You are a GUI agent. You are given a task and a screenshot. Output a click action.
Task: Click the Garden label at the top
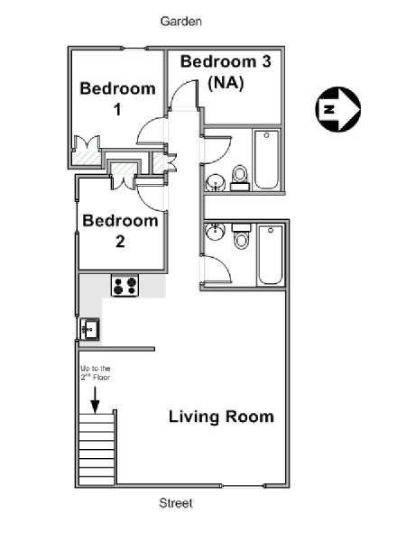181,22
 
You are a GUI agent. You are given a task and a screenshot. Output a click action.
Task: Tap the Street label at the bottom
176,503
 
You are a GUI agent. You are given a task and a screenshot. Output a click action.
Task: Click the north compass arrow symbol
338,109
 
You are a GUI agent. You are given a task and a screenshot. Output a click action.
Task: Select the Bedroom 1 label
117,98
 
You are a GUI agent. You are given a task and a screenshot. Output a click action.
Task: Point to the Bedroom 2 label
120,231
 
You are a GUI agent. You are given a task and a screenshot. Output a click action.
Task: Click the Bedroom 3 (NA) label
226,72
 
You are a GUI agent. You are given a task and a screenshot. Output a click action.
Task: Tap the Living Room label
221,417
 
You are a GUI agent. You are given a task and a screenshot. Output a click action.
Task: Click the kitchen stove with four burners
125,285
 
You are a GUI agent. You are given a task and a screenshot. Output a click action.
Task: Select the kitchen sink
89,329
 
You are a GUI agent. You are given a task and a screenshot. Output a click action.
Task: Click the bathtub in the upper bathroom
266,160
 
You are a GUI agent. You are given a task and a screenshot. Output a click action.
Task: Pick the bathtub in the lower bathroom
271,254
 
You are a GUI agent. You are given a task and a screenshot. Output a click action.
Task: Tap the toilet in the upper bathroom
240,178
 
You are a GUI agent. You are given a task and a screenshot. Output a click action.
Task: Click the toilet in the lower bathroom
241,236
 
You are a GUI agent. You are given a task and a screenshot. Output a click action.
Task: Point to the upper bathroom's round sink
216,182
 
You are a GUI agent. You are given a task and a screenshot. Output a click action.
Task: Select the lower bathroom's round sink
215,231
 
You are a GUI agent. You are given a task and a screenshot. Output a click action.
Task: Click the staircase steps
97,449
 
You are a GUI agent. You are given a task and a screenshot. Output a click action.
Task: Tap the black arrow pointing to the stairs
95,399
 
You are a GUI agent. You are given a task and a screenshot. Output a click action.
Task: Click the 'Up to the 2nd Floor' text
96,373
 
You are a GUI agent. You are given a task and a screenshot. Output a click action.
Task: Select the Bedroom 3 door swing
184,94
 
